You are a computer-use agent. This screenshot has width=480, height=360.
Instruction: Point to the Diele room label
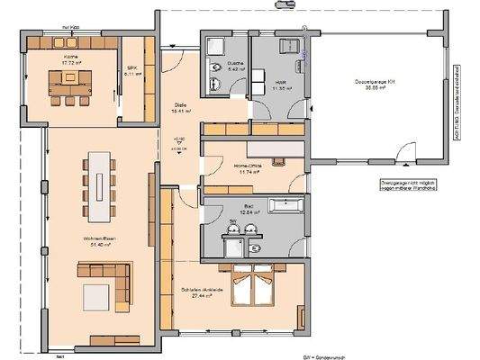[x=179, y=104]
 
